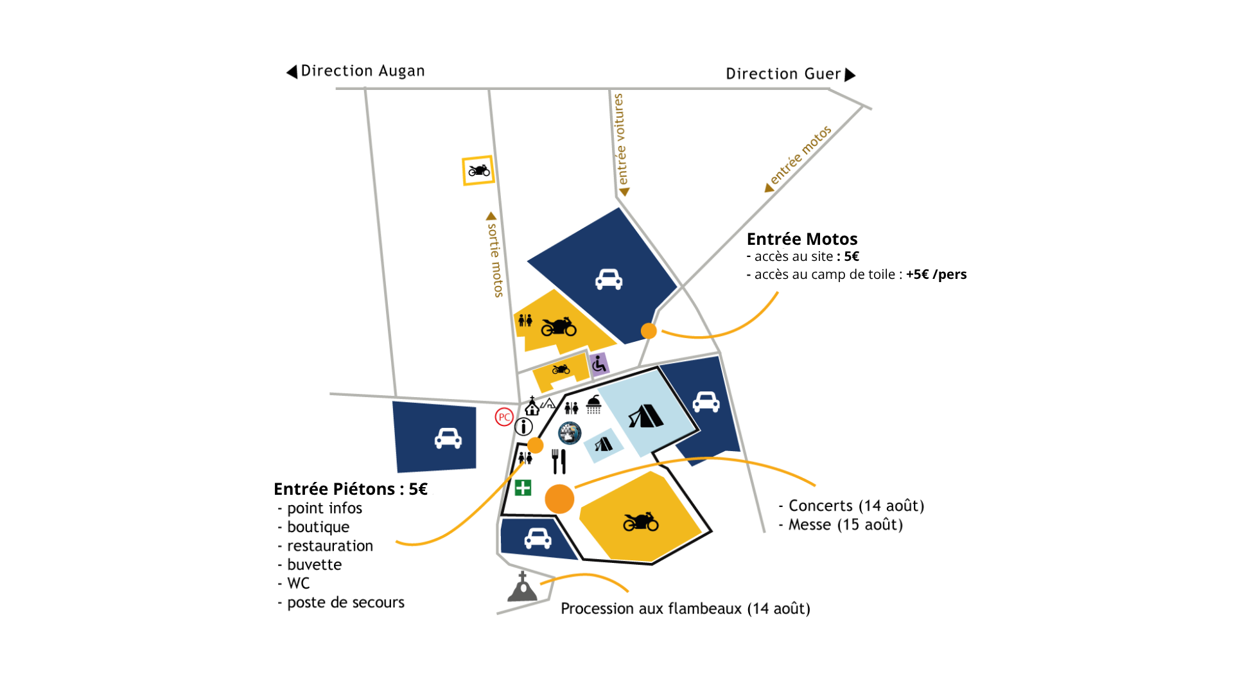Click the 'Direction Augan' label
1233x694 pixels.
tap(362, 71)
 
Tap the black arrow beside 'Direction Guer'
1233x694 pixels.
tap(850, 75)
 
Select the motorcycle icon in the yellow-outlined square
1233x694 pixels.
tap(479, 170)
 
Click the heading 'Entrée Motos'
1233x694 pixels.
tap(801, 239)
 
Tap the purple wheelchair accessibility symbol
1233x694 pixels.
tap(599, 364)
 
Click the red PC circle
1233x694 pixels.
tap(504, 417)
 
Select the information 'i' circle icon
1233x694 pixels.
tap(523, 426)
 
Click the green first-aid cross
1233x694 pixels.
tap(523, 488)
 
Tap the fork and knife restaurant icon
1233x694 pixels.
tap(559, 461)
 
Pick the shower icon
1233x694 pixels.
tap(593, 405)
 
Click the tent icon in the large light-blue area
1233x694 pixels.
tap(645, 416)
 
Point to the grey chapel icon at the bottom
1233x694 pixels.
tap(522, 587)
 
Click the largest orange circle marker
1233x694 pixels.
tap(559, 499)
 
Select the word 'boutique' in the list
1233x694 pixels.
tap(318, 527)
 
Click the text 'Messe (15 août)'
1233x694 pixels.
tap(845, 524)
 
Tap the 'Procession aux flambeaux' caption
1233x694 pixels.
tap(685, 609)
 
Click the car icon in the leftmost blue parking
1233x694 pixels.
tap(448, 438)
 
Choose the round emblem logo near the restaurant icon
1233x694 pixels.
tap(570, 433)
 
